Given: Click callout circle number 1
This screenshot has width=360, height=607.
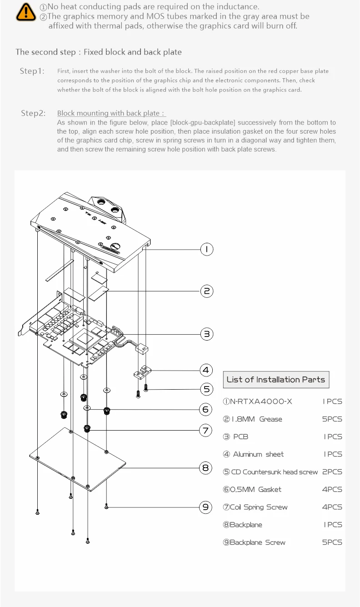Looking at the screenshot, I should pyautogui.click(x=206, y=249).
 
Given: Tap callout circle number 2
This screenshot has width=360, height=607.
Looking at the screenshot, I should pyautogui.click(x=206, y=291).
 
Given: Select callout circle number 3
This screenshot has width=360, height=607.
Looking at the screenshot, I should pyautogui.click(x=206, y=334).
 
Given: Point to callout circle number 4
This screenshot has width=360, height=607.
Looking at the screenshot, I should pyautogui.click(x=206, y=370).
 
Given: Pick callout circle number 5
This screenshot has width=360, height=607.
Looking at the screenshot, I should pyautogui.click(x=206, y=389).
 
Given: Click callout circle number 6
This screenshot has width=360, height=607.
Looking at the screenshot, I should pyautogui.click(x=206, y=410).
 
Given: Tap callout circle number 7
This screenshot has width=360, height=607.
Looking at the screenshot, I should pyautogui.click(x=206, y=430).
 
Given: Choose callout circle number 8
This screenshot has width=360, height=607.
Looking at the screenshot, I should pyautogui.click(x=206, y=467).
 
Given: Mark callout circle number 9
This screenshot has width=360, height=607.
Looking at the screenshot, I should pyautogui.click(x=206, y=507).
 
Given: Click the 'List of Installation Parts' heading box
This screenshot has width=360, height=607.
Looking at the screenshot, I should pyautogui.click(x=276, y=380).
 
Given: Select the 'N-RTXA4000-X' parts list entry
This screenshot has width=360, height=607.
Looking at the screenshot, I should pyautogui.click(x=258, y=401).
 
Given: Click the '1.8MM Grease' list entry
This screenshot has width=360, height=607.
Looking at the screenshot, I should pyautogui.click(x=253, y=419).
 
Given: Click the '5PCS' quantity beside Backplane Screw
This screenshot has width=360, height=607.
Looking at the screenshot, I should pyautogui.click(x=332, y=542).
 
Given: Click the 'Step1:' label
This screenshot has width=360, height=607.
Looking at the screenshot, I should pyautogui.click(x=32, y=71).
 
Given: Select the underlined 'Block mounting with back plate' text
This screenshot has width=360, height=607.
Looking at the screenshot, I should pyautogui.click(x=111, y=113).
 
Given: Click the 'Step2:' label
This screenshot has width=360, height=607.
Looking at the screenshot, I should pyautogui.click(x=33, y=113).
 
